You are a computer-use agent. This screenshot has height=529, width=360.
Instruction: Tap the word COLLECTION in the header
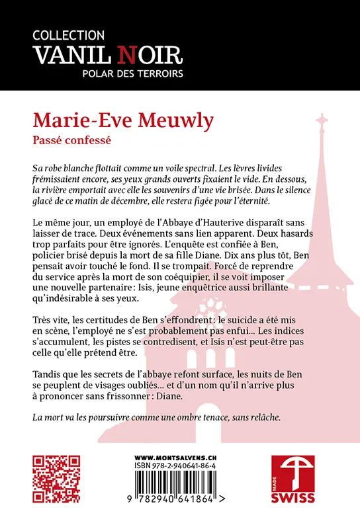click(68, 35)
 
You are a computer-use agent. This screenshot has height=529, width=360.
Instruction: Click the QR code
click(57, 479)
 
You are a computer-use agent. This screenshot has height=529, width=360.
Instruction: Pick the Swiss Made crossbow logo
click(293, 473)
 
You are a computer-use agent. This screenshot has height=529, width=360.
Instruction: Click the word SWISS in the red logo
click(293, 497)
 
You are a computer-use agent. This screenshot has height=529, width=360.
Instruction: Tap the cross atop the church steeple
click(322, 123)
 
